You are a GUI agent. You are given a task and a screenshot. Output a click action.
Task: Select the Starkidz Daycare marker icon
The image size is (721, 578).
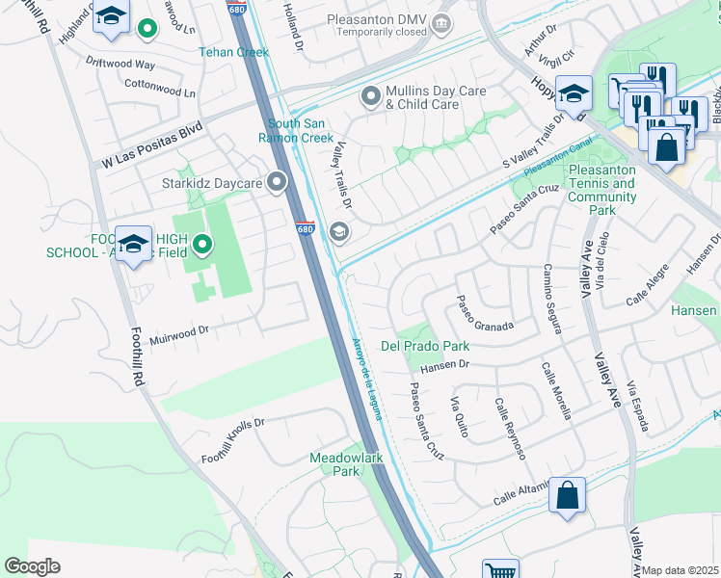click(x=279, y=181)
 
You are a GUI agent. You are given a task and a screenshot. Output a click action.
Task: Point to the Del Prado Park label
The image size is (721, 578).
click(x=425, y=345)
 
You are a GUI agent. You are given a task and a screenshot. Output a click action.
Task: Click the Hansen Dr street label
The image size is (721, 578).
click(x=444, y=364)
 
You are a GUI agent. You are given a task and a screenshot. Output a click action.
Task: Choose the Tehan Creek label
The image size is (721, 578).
click(x=234, y=52)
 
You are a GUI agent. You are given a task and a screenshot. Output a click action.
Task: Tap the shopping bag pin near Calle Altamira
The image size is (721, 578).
click(x=568, y=496)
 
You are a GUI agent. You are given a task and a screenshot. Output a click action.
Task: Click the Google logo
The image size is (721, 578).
click(x=32, y=566)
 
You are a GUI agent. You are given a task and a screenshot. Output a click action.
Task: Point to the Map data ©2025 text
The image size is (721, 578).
click(x=680, y=570)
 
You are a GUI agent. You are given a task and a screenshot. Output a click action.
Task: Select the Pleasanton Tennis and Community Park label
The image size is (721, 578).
click(x=602, y=190)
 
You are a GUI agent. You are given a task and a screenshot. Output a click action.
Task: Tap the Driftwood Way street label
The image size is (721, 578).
click(x=120, y=65)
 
